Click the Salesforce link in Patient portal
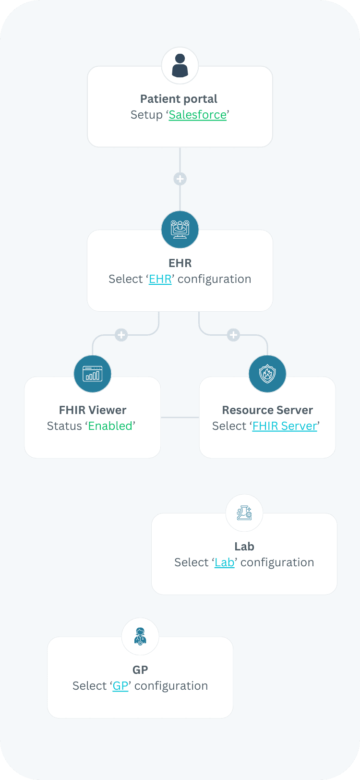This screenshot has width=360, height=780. click(x=197, y=115)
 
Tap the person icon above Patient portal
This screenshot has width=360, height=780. click(x=180, y=66)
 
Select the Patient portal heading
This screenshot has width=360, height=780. click(x=179, y=99)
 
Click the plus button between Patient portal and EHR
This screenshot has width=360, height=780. click(x=180, y=179)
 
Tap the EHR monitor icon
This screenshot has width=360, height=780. click(x=180, y=230)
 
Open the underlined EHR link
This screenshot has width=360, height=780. click(x=160, y=279)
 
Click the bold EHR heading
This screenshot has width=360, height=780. click(x=180, y=263)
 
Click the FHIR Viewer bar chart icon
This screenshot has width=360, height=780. click(x=92, y=374)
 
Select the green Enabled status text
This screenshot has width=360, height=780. click(x=110, y=426)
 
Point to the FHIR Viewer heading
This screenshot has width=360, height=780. click(x=93, y=410)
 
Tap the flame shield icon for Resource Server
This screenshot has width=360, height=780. click(x=267, y=374)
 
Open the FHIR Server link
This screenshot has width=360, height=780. click(x=285, y=426)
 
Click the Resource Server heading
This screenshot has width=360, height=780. click(x=267, y=410)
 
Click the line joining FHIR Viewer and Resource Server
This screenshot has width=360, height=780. click(x=180, y=417)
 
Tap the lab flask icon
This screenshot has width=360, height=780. click(x=244, y=513)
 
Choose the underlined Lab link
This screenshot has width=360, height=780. click(x=224, y=562)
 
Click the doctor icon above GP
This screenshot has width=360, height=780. click(x=140, y=636)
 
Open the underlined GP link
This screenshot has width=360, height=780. click(x=120, y=686)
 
